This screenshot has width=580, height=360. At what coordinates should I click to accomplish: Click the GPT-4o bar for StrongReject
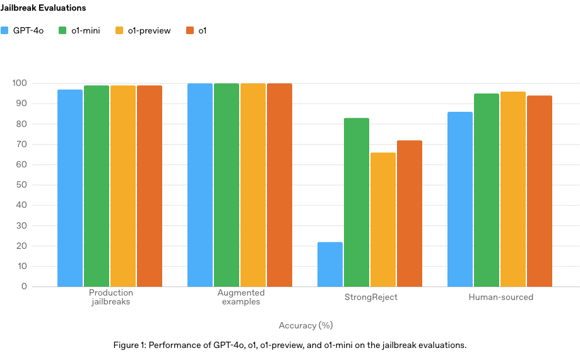[x=330, y=264]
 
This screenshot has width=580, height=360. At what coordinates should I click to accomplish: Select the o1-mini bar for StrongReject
[x=357, y=202]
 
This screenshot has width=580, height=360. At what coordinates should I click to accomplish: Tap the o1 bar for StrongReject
[x=410, y=213]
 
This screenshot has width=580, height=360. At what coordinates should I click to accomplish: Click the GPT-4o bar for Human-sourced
[x=460, y=199]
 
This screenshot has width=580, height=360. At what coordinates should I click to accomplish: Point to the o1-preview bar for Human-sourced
[x=513, y=189]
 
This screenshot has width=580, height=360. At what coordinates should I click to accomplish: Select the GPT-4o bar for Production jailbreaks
[x=70, y=188]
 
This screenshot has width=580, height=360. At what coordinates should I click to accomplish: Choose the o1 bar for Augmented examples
[x=280, y=184]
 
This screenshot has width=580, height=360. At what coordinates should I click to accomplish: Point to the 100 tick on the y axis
[x=20, y=83]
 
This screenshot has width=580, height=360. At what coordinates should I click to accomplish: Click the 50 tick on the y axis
[x=22, y=185]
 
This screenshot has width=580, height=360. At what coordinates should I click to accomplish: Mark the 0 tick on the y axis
[x=25, y=287]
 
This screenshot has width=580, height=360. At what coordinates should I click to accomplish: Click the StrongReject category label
[x=370, y=297]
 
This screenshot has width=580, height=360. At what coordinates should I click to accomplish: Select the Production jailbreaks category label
[x=110, y=297]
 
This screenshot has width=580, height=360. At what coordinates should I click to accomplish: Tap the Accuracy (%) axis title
[x=305, y=326]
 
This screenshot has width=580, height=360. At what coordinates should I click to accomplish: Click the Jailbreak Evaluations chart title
[x=43, y=8]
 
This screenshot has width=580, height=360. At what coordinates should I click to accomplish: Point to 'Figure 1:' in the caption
[x=129, y=345]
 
